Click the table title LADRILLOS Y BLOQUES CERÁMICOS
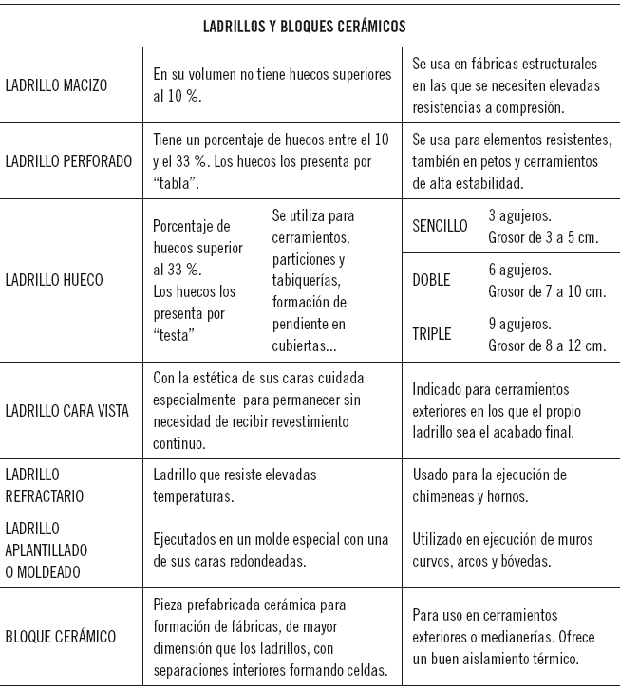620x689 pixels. point(305,26)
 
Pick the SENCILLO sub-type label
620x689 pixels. point(441,226)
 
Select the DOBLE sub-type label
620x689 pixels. point(432,280)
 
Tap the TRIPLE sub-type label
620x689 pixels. point(432,334)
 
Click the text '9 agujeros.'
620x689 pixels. point(520,324)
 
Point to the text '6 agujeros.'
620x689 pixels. point(520,270)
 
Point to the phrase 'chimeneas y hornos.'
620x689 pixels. point(471,495)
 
